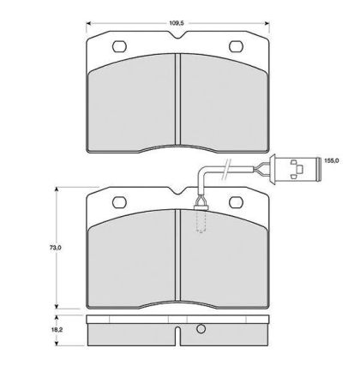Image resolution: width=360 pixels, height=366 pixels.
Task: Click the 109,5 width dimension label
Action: coord(177,23)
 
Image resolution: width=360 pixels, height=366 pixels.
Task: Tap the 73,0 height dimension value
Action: coord(56,248)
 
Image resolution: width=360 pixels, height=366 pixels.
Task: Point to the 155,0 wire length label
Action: coord(332,161)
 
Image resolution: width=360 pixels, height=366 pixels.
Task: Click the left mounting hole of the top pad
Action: coord(119,46)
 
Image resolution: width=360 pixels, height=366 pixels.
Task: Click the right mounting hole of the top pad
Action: coord(236,46)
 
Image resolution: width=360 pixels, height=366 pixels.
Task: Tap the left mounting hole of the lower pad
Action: coord(119,202)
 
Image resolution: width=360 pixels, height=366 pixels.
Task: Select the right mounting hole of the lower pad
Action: coord(236,202)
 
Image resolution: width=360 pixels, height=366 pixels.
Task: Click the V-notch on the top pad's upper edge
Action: coord(177,35)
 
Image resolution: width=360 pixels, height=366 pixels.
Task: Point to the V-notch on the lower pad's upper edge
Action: coord(177,191)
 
